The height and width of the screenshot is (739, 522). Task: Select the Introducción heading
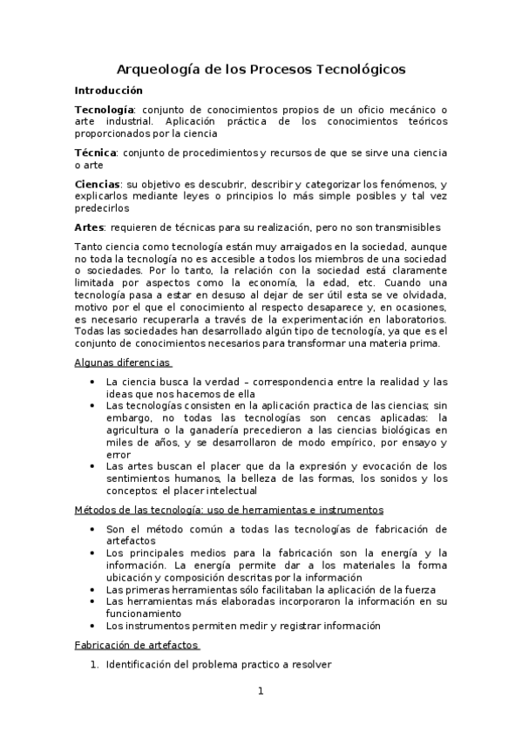click(109, 90)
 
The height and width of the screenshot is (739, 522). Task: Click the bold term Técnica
click(97, 153)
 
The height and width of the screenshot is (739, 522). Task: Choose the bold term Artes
click(89, 227)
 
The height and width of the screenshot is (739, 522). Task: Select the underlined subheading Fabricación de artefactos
click(137, 645)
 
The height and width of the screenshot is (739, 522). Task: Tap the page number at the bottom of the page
click(261, 692)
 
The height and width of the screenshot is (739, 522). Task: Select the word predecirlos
click(102, 208)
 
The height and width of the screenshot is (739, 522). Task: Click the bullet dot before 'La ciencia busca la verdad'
click(93, 382)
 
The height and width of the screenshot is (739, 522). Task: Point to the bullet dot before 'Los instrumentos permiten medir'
click(93, 626)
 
